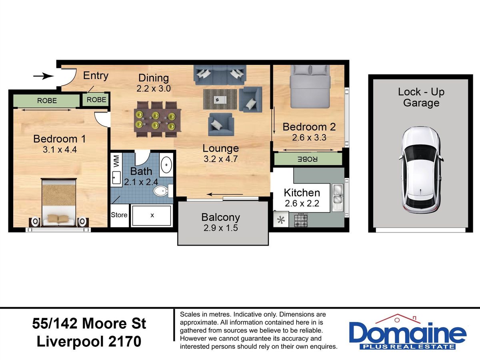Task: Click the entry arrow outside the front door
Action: pyautogui.click(x=43, y=76)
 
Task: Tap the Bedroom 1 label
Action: pyautogui.click(x=60, y=139)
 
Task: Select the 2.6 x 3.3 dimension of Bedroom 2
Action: pyautogui.click(x=309, y=138)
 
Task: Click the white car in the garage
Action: pyautogui.click(x=421, y=170)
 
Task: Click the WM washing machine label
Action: pyautogui.click(x=116, y=161)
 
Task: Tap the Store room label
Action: pyautogui.click(x=119, y=215)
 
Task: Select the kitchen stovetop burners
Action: pyautogui.click(x=301, y=220)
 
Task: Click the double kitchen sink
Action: pyautogui.click(x=338, y=198)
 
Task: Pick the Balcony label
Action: pyautogui.click(x=221, y=217)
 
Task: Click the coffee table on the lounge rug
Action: pyautogui.click(x=220, y=100)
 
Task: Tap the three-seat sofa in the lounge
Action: pyautogui.click(x=220, y=75)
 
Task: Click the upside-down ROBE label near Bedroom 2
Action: pyautogui.click(x=308, y=159)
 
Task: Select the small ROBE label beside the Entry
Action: pyautogui.click(x=96, y=100)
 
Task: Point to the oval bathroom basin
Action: pyautogui.click(x=166, y=164)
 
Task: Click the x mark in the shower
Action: pyautogui.click(x=152, y=215)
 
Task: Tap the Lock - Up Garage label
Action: pyautogui.click(x=421, y=98)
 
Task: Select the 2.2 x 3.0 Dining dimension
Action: pyautogui.click(x=154, y=88)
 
